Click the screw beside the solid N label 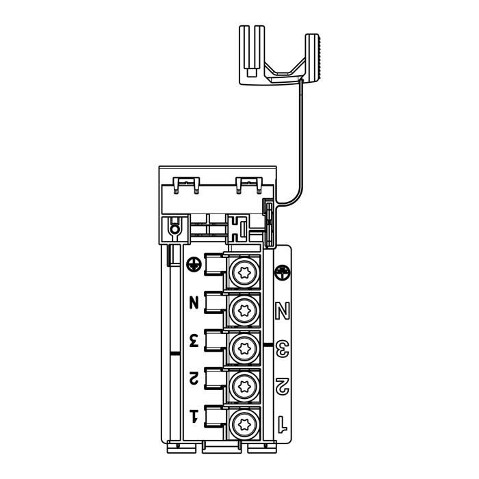pos(244,311)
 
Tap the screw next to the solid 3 pos(244,348)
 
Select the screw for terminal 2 pos(244,387)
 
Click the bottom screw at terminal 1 pos(244,424)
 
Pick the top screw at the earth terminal pos(244,273)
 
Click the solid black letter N pos(194,302)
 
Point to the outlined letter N pos(282,311)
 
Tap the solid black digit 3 pos(194,340)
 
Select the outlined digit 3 pos(282,349)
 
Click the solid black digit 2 pos(194,378)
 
